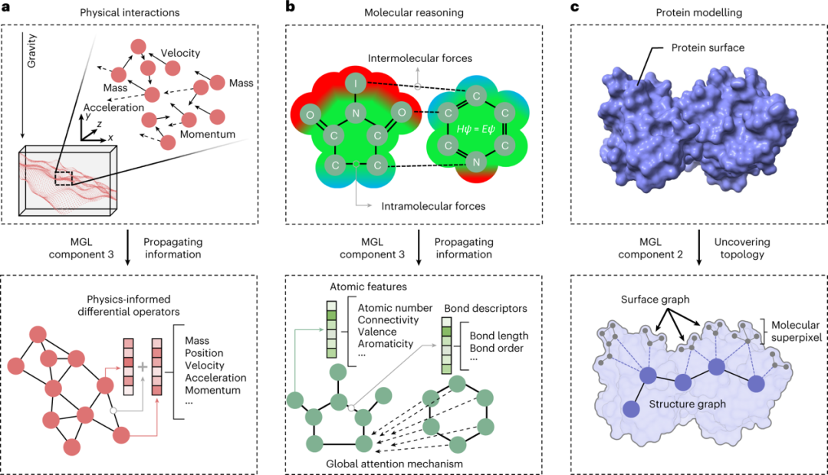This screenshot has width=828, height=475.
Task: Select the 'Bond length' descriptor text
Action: (x=498, y=336)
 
